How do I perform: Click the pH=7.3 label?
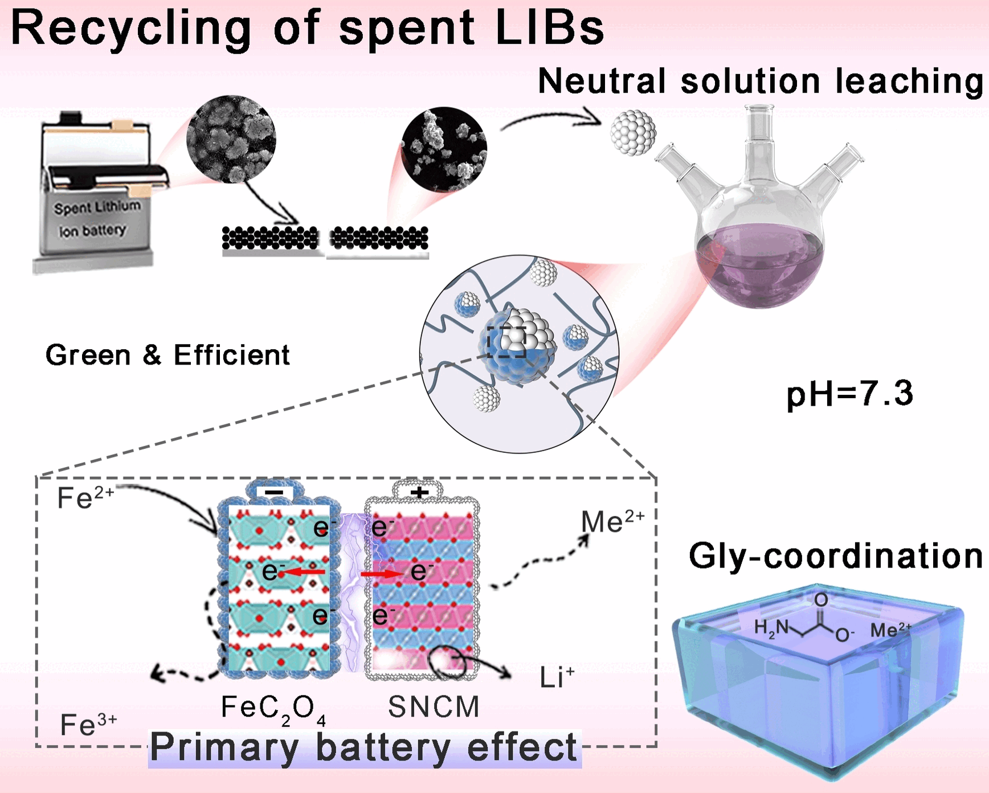[x=849, y=394]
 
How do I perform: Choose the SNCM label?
[x=434, y=707]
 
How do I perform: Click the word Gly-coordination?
[x=835, y=555]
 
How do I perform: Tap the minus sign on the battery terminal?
[x=275, y=492]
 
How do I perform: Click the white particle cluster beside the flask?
[x=632, y=133]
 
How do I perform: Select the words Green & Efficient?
[x=167, y=355]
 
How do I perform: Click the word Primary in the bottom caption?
[x=224, y=747]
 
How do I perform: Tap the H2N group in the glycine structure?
[x=771, y=628]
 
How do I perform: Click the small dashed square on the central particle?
[x=506, y=342]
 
